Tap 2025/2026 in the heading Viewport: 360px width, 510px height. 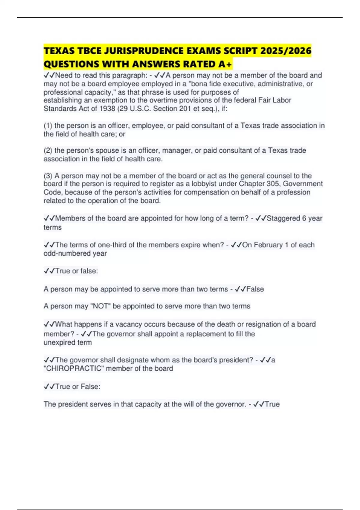coord(286,51)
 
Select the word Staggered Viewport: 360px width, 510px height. coord(283,218)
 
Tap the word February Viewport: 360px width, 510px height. coord(268,245)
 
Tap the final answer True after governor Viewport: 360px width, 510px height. coord(272,404)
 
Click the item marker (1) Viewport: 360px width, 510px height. coord(48,125)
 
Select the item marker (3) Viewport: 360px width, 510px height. coord(48,176)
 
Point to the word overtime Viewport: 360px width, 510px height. coord(163,100)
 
